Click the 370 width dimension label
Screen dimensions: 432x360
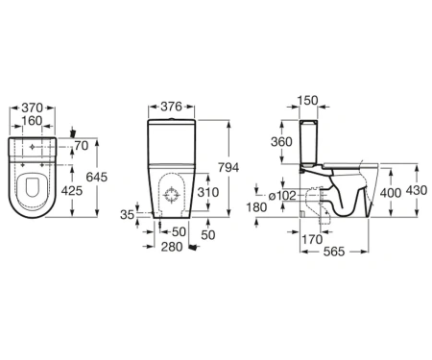(32, 108)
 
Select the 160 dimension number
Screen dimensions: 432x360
(32, 121)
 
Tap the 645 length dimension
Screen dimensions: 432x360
(97, 177)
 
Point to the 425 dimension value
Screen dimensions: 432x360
(72, 191)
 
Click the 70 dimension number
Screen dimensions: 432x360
(82, 146)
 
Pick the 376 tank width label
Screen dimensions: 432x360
(171, 107)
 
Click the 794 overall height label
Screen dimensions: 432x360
(228, 167)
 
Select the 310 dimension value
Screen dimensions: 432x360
(208, 192)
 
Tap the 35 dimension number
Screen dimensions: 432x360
(127, 215)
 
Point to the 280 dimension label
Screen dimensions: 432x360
(172, 247)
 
